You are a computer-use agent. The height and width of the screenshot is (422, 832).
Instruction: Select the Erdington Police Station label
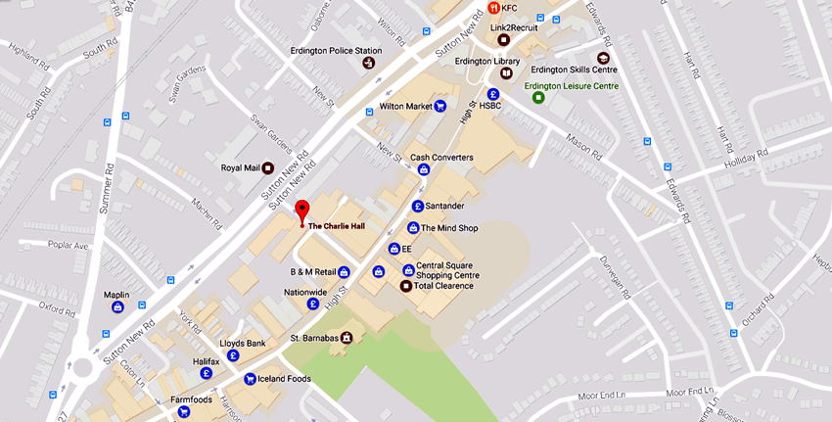tap(336, 51)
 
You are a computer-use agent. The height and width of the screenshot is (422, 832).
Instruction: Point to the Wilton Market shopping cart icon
tap(440, 106)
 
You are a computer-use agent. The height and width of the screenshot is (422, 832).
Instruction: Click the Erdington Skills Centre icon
tap(602, 58)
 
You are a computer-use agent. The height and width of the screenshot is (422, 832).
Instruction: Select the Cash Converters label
tap(441, 157)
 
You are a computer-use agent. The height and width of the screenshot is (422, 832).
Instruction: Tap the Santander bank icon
tap(418, 206)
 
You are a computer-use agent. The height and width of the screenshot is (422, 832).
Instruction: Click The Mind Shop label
tap(448, 227)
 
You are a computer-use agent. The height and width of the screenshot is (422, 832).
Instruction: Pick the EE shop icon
tap(393, 249)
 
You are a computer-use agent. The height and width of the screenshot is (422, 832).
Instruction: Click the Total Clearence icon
tap(406, 286)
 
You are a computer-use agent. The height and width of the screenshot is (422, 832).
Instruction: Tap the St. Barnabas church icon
tap(346, 338)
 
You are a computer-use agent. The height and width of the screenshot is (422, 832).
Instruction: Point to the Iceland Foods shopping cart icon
tap(250, 379)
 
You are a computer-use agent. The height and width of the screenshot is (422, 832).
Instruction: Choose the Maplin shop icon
tap(118, 306)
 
